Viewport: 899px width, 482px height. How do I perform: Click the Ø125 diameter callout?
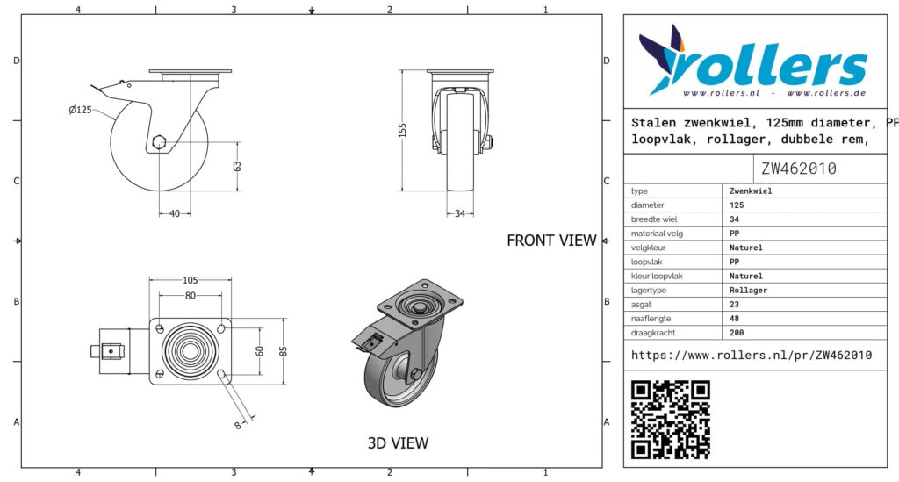pos(80,110)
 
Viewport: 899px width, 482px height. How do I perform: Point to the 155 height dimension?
pos(402,130)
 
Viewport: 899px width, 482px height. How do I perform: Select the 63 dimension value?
pos(237,166)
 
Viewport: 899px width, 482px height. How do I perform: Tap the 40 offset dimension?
pos(175,213)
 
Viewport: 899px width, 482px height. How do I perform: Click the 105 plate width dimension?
pos(190,280)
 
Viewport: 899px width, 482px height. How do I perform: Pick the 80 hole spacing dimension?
pos(190,296)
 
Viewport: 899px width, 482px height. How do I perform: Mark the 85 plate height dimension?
pos(284,351)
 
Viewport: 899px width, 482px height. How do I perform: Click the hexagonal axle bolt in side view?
pos(160,141)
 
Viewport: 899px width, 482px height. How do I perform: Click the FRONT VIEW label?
pos(551,241)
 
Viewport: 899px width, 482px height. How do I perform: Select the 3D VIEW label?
pos(398,443)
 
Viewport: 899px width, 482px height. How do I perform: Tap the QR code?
pos(670,420)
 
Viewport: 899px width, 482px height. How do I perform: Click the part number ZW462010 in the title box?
pos(799,169)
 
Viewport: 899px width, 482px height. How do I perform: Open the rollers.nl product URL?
pos(752,356)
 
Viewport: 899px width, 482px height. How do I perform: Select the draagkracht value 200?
pos(737,333)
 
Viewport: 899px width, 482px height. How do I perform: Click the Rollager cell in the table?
pos(748,291)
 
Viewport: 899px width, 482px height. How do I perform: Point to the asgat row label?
pos(641,305)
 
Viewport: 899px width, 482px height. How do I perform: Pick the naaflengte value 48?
pos(735,319)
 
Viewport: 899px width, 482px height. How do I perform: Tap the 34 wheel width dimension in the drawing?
pos(460,213)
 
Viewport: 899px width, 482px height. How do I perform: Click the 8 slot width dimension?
pos(238,425)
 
